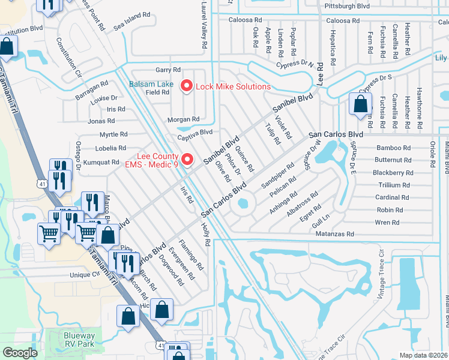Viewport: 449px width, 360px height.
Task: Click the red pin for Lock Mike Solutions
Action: point(186,86)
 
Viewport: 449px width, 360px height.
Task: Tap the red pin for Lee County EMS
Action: point(187,159)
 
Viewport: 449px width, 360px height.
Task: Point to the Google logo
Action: point(20,353)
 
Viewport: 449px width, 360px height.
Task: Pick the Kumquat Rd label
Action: point(101,162)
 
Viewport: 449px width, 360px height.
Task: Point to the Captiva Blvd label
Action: point(195,132)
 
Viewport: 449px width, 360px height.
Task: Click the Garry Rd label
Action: point(167,70)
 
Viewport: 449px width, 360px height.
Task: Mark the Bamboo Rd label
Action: point(393,148)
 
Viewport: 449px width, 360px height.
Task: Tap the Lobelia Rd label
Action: point(112,148)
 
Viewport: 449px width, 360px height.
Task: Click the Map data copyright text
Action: point(424,355)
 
